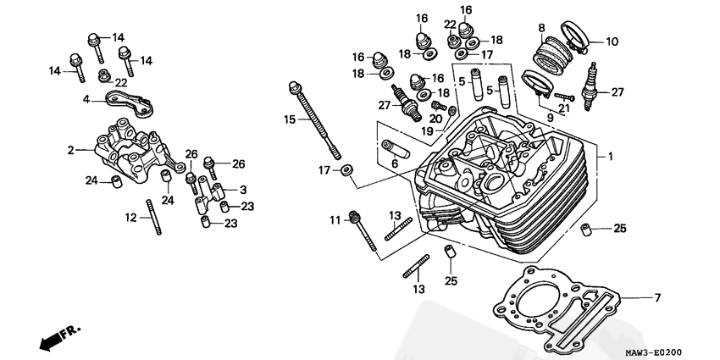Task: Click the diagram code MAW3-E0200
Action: click(x=653, y=352)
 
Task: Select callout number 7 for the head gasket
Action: click(x=656, y=297)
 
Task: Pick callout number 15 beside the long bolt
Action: click(x=289, y=119)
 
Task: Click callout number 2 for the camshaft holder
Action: click(x=72, y=150)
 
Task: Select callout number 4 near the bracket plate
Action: click(x=86, y=99)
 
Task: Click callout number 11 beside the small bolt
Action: click(x=335, y=220)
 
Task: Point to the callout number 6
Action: click(x=394, y=163)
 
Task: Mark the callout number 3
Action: click(x=243, y=189)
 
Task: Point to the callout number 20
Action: click(x=434, y=118)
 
